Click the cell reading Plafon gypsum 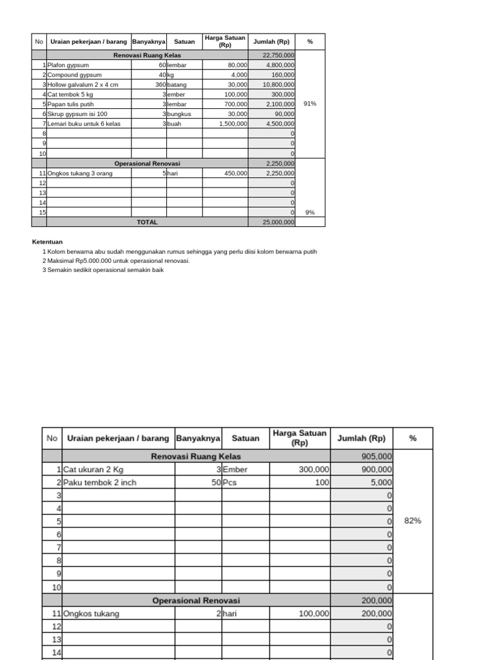[x=68, y=65]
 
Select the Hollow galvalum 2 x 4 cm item [x=82, y=84]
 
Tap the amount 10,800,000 [x=278, y=84]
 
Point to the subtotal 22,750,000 [x=279, y=55]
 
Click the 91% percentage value [x=309, y=103]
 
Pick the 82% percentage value [x=412, y=520]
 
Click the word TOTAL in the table [x=147, y=222]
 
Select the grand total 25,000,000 [x=278, y=222]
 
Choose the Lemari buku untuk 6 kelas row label [x=84, y=123]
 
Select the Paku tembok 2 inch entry [x=100, y=482]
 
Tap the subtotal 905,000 [x=376, y=456]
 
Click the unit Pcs [x=231, y=482]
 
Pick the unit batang [x=177, y=84]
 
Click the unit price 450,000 [x=235, y=173]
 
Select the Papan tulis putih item [x=70, y=104]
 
